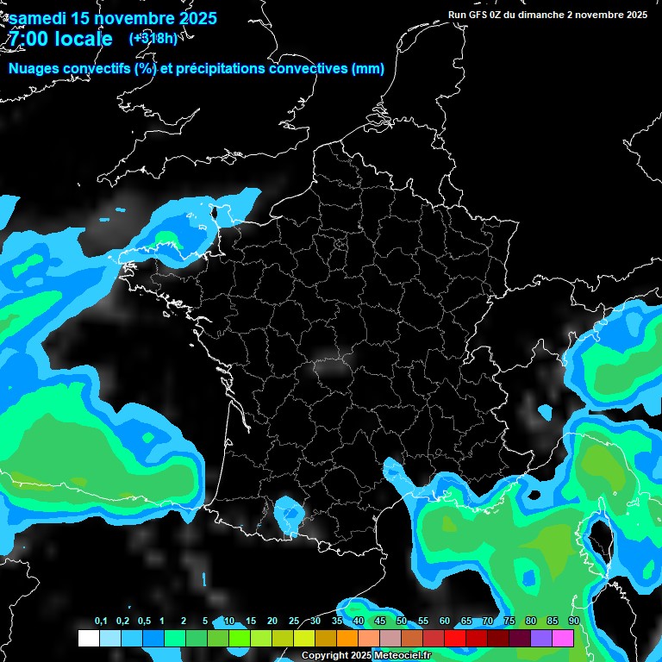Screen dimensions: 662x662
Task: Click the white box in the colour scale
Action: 89,638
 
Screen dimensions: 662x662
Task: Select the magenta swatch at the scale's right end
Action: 563,638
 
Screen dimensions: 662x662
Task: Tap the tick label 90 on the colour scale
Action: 574,621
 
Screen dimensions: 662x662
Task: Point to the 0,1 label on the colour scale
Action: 101,621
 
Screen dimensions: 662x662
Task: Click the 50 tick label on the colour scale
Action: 402,621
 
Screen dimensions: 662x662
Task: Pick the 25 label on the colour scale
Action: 294,621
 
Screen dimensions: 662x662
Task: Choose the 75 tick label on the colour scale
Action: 509,621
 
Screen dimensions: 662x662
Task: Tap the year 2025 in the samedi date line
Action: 195,18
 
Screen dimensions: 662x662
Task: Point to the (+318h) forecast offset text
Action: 153,38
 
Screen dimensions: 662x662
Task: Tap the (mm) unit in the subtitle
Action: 368,69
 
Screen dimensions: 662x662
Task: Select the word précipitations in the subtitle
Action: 220,69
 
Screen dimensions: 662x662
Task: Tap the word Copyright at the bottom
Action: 325,656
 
